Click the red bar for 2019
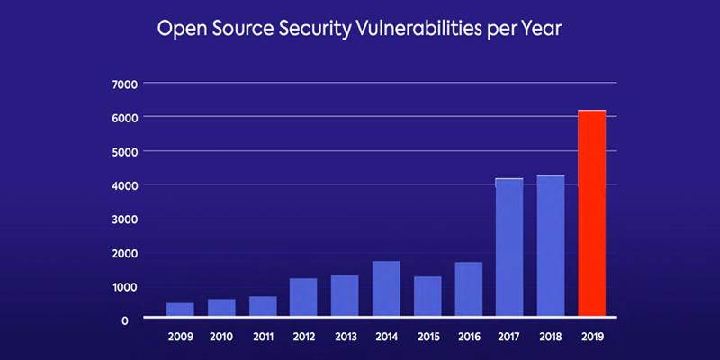pos(591,213)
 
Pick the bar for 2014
pos(386,289)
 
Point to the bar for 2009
pos(180,310)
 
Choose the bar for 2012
pos(303,297)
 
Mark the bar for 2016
pos(468,289)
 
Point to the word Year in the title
pos(542,29)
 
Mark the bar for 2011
pos(262,307)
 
